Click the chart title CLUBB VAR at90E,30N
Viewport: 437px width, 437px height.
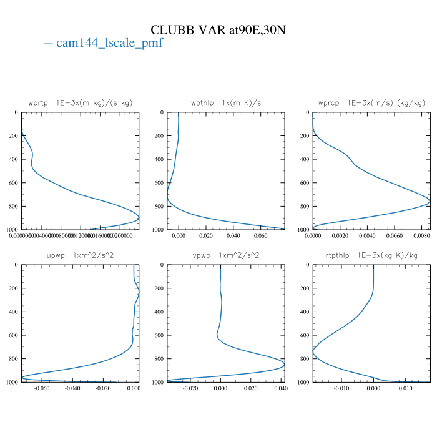point(219,30)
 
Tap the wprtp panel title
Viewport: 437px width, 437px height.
point(80,102)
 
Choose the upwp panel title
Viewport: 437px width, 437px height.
point(80,255)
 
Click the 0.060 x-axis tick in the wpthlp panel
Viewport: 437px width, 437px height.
point(261,237)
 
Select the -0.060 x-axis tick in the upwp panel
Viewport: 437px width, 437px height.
point(42,389)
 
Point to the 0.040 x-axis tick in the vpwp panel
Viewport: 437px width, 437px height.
point(280,389)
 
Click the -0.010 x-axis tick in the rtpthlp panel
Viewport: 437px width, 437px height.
point(341,389)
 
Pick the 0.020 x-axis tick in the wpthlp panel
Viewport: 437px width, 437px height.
point(206,237)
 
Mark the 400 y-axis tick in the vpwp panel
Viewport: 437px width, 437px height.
point(159,312)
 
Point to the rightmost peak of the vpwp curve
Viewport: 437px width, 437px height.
point(284,365)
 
